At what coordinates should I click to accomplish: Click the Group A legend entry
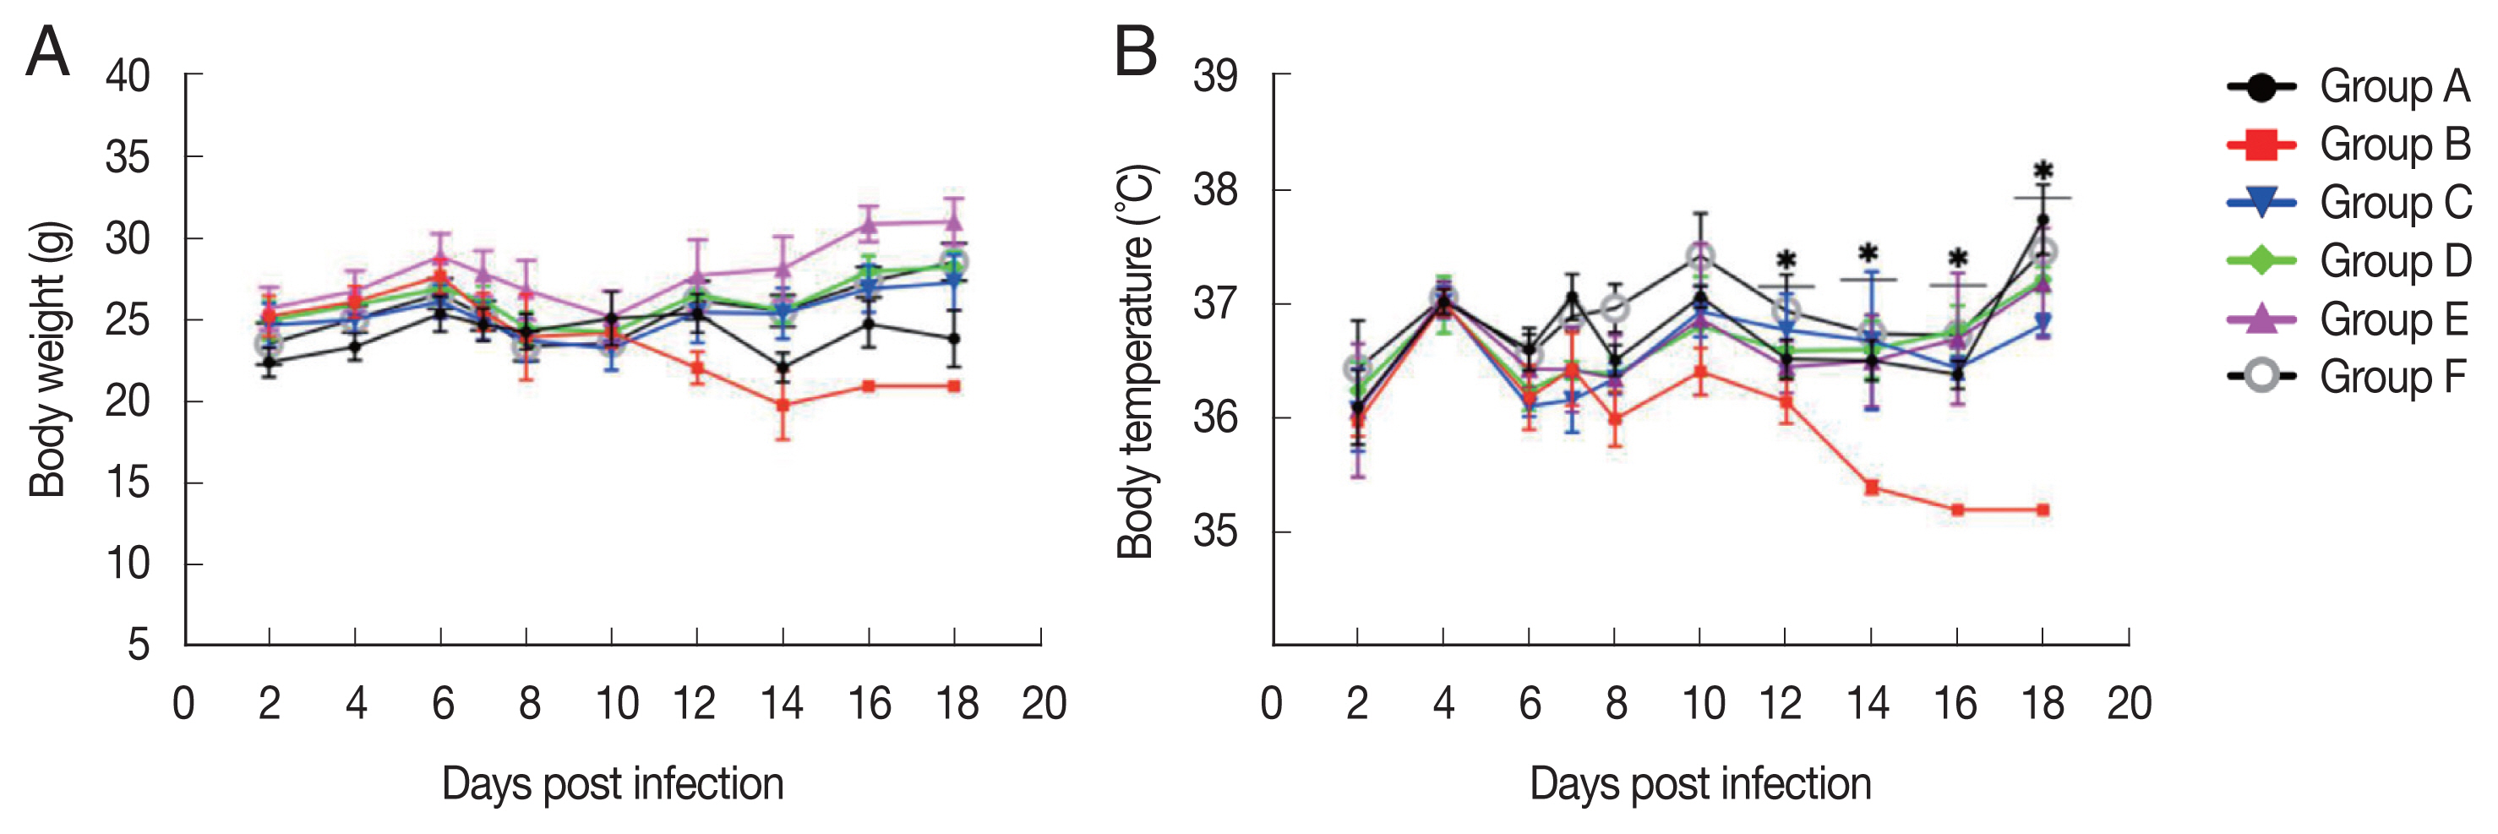tap(2347, 87)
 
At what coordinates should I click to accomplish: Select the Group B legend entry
tap(2347, 145)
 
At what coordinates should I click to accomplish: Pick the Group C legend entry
tap(2347, 204)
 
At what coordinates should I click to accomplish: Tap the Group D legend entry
tap(2347, 262)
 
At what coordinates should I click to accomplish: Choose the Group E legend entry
tap(2347, 320)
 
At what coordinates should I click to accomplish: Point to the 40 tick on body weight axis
tap(128, 76)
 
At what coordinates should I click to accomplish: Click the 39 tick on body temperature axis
tap(1216, 76)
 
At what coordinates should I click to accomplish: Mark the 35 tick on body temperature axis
tap(1216, 531)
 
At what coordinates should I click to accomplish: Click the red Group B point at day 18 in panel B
tap(2043, 510)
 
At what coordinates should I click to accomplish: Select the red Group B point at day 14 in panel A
tap(783, 406)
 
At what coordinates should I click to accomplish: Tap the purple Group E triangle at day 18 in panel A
tap(954, 222)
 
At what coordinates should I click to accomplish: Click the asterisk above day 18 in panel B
tap(2043, 172)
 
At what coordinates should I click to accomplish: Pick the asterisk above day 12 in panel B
tap(1786, 261)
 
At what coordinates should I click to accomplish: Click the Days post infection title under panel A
tap(613, 783)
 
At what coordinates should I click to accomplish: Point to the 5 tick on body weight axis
tap(139, 645)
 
